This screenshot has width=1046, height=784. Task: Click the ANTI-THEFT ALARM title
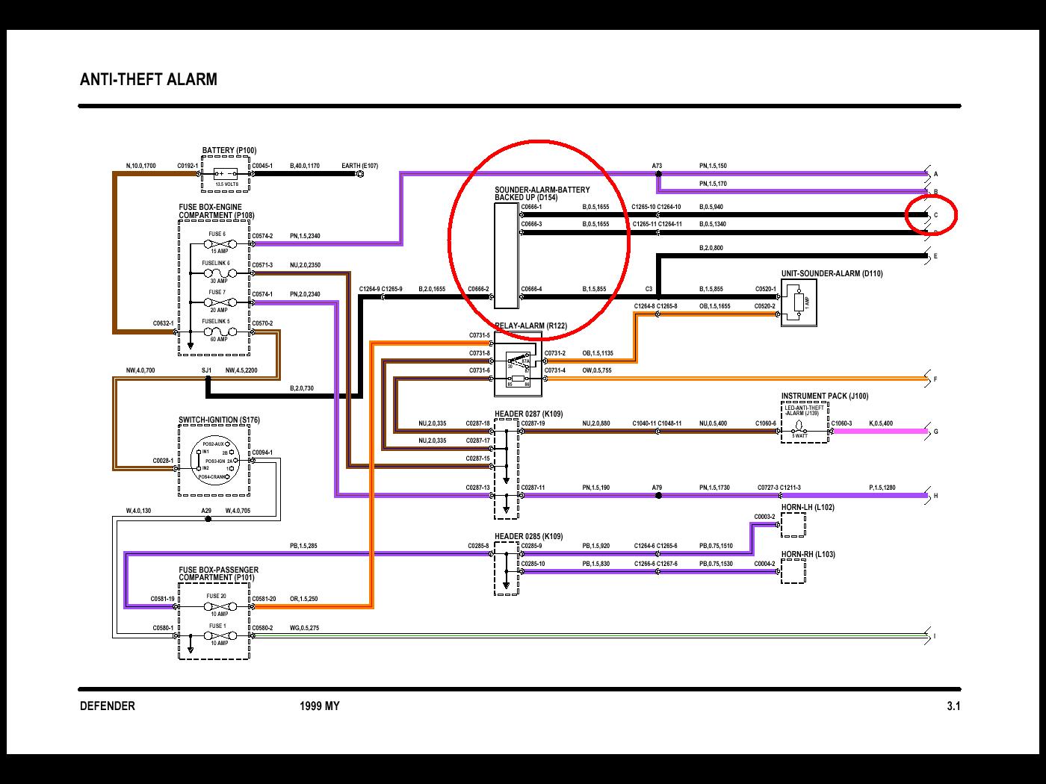coord(148,79)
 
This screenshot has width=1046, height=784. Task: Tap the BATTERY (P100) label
coord(229,150)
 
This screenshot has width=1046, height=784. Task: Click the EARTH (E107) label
coord(359,166)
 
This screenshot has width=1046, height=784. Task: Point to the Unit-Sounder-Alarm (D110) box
coord(798,302)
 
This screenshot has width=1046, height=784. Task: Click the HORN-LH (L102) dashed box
coord(793,525)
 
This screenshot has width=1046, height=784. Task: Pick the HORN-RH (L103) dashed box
coord(793,572)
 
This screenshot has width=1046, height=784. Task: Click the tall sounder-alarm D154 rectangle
coord(506,255)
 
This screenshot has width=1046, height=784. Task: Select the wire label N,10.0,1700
coord(140,166)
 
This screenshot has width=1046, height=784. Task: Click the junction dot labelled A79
coord(657,495)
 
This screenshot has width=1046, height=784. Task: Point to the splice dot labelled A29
coord(207,519)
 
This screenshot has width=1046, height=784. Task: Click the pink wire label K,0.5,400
coord(880,423)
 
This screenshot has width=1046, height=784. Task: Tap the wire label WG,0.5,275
coord(304,628)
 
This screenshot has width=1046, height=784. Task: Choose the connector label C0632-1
coord(164,323)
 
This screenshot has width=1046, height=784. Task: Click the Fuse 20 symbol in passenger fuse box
coord(217,606)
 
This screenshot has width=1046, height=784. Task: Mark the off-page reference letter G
coord(935,432)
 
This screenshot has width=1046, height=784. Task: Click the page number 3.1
coord(953,706)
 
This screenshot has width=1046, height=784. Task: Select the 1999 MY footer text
coord(319,706)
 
